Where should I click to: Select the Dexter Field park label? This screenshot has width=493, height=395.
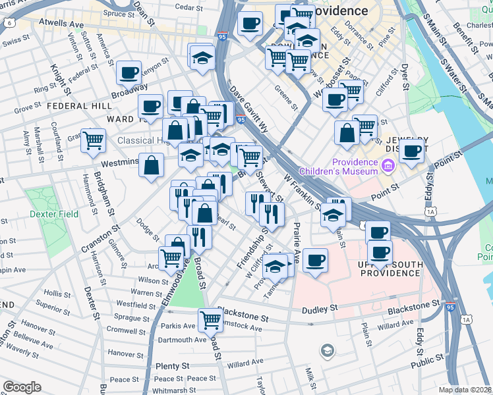coord(53,214)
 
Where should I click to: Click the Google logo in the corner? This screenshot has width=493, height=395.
coord(22,387)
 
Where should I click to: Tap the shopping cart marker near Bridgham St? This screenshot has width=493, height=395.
coord(94,140)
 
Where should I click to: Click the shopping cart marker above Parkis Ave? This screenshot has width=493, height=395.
coord(210,320)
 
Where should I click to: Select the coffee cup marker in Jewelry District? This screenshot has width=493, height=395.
coord(412,151)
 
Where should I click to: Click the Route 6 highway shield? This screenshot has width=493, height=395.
coord(9,22)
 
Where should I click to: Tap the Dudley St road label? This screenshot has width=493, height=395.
coord(320,308)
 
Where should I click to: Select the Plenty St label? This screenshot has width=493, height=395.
coord(173,365)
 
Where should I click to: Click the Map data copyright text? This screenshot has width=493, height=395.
coord(465,390)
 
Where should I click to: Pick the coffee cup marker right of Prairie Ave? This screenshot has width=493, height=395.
coord(315,261)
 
